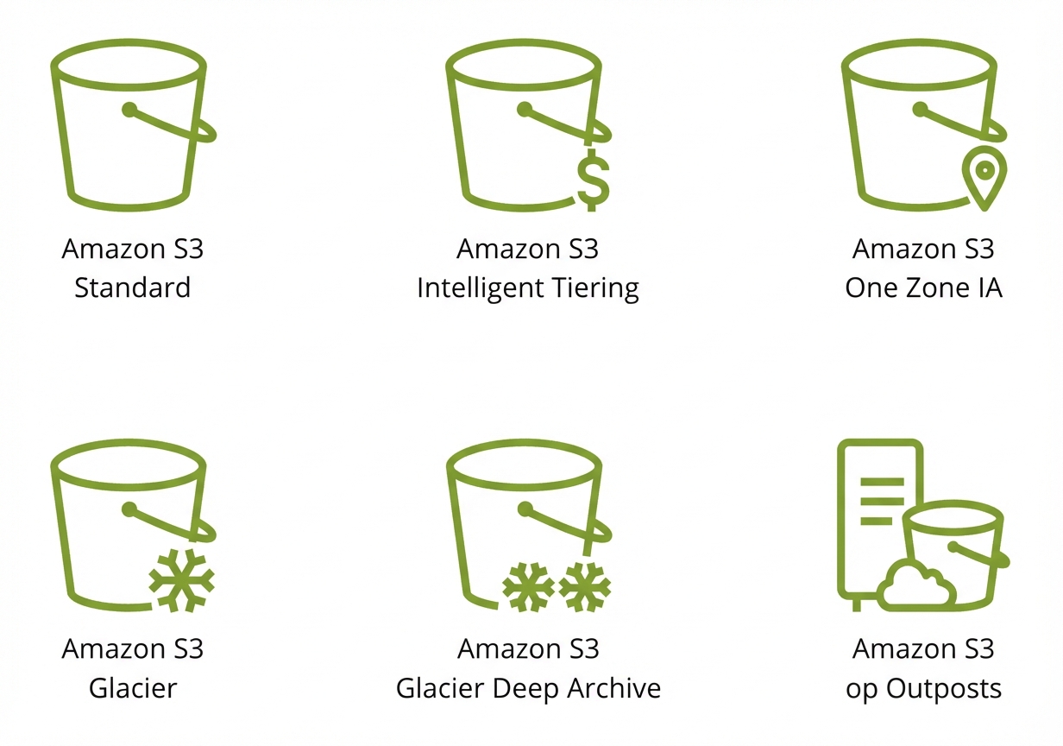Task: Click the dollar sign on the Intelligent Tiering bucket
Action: pyautogui.click(x=594, y=180)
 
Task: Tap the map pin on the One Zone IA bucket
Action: pyautogui.click(x=984, y=178)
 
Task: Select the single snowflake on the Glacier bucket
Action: pyautogui.click(x=182, y=580)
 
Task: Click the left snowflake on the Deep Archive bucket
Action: pyautogui.click(x=528, y=587)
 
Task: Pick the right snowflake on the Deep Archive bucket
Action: pyautogui.click(x=585, y=587)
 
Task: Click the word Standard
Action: pyautogui.click(x=132, y=288)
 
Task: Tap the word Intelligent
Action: pyautogui.click(x=481, y=288)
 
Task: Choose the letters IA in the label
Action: pyautogui.click(x=990, y=288)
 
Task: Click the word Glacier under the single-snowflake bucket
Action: pyautogui.click(x=133, y=688)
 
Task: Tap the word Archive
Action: pyautogui.click(x=614, y=688)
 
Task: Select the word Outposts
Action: pyautogui.click(x=944, y=689)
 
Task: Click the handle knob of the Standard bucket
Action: pyautogui.click(x=129, y=110)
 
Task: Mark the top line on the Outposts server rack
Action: pyautogui.click(x=882, y=482)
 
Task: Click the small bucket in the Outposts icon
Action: pyautogui.click(x=955, y=554)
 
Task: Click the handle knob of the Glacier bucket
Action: pyautogui.click(x=129, y=510)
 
